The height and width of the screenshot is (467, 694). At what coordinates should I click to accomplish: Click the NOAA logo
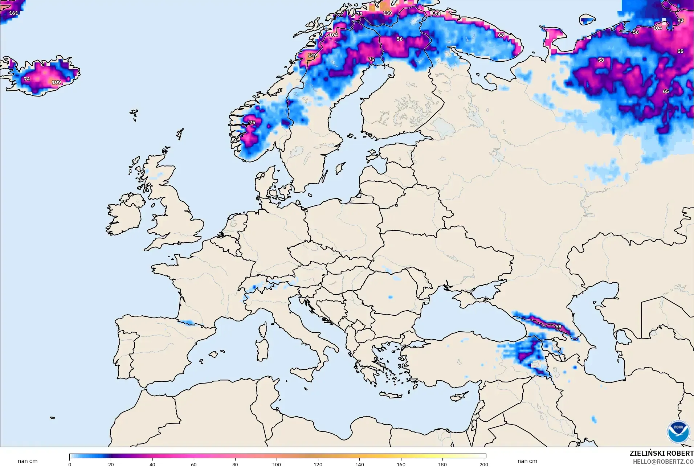[x=678, y=431]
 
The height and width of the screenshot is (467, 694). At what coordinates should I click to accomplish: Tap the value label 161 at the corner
[x=13, y=13]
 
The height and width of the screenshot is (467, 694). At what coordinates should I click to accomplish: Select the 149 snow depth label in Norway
[x=312, y=56]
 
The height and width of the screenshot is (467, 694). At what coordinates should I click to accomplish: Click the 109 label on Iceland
[x=56, y=82]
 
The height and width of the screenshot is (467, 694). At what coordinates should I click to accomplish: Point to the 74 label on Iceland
[x=27, y=79]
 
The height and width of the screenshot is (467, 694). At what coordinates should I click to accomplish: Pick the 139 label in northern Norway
[x=387, y=13]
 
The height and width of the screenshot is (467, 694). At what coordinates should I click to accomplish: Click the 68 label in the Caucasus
[x=558, y=327]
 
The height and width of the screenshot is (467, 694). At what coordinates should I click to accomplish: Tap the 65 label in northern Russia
[x=666, y=91]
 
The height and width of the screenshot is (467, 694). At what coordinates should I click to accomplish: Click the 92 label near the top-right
[x=680, y=21]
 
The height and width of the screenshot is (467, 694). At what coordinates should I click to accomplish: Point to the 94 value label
[x=437, y=14]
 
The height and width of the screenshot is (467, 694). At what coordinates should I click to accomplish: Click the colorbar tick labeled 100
[x=277, y=464]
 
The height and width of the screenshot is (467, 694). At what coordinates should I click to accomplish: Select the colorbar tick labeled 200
[x=483, y=464]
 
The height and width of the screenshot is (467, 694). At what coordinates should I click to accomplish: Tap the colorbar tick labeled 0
[x=70, y=464]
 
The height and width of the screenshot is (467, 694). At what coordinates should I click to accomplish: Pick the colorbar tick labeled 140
[x=359, y=464]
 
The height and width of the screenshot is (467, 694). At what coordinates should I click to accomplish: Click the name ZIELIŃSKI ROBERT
[x=661, y=454]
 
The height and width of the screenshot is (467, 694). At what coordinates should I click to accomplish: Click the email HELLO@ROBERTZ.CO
[x=663, y=462]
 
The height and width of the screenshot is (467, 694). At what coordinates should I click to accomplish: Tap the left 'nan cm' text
[x=28, y=461]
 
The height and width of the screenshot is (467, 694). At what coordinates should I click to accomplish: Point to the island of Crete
[x=391, y=395]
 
